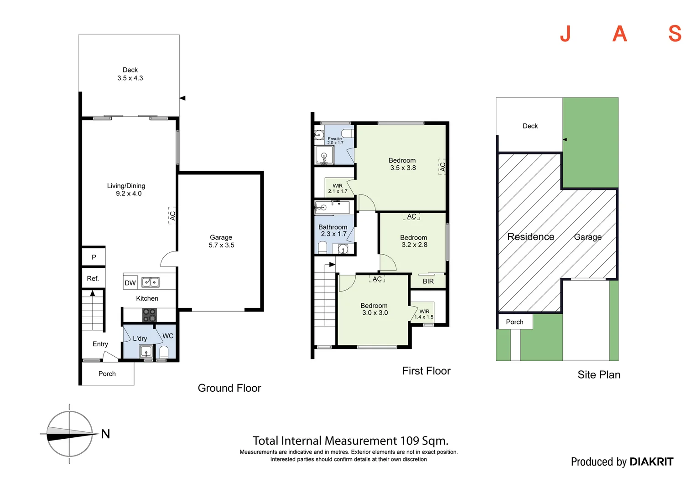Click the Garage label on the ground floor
click(x=221, y=237)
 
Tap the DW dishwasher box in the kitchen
click(x=130, y=283)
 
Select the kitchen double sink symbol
click(x=150, y=282)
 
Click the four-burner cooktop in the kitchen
click(x=149, y=315)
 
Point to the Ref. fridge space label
click(x=93, y=278)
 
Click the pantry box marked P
click(x=94, y=257)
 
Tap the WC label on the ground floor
click(x=168, y=336)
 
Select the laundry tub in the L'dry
click(x=146, y=352)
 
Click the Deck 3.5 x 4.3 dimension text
click(x=130, y=78)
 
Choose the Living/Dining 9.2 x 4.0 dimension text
click(x=129, y=194)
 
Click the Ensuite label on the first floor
click(x=334, y=138)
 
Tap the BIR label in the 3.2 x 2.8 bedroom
click(x=428, y=281)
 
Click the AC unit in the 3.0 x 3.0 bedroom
click(x=377, y=279)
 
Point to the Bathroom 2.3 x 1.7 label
click(x=333, y=231)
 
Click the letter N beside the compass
click(x=105, y=434)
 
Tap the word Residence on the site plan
click(x=531, y=237)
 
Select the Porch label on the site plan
click(x=515, y=322)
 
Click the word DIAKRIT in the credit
click(x=651, y=461)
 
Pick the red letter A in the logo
click(x=619, y=34)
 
